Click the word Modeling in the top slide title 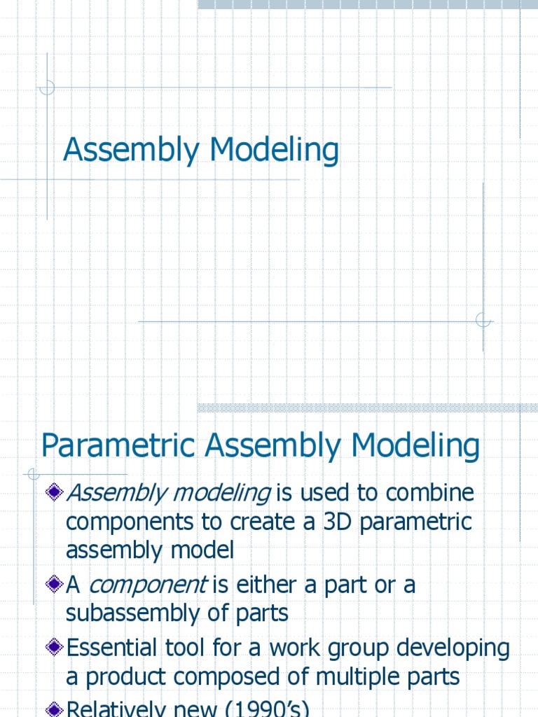(274, 151)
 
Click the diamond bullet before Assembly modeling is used (55, 494)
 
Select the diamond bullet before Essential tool (55, 648)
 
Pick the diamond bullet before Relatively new (55, 709)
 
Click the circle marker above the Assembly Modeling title (47, 88)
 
